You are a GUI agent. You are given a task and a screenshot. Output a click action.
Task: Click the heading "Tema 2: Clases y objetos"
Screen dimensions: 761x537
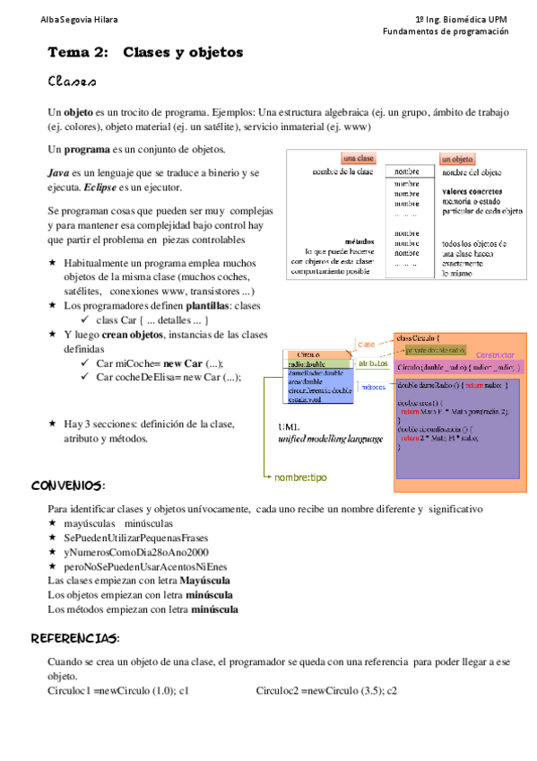click(145, 53)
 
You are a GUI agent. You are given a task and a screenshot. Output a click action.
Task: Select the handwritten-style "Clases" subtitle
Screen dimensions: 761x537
click(73, 83)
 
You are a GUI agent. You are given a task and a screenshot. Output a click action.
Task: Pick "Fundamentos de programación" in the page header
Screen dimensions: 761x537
click(446, 31)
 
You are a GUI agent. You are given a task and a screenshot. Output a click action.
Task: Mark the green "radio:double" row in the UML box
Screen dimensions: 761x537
click(308, 364)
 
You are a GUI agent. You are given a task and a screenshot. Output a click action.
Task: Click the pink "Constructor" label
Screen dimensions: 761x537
click(494, 354)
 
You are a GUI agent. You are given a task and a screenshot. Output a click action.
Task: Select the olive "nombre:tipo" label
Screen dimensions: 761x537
click(300, 477)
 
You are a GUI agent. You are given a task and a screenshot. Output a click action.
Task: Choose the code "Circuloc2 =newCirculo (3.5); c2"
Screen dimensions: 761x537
click(326, 690)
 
